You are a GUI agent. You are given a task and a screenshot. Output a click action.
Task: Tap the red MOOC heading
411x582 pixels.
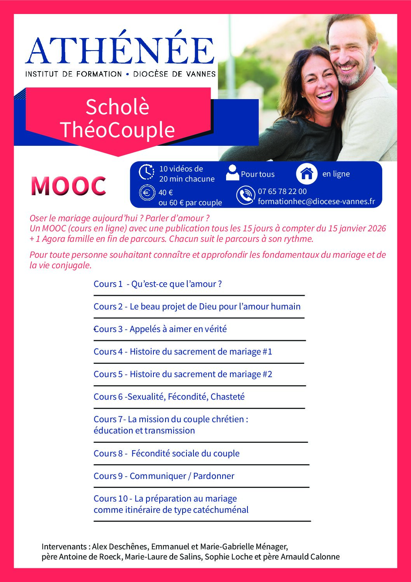coord(68,186)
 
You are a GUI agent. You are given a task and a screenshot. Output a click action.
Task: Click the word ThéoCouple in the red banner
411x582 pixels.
coord(117,129)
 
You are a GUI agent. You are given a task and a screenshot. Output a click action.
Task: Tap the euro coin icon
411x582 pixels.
coord(147,193)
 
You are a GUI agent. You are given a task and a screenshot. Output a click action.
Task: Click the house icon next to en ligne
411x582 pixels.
coord(307,173)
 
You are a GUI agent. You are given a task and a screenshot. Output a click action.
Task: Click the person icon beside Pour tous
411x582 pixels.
coord(232,173)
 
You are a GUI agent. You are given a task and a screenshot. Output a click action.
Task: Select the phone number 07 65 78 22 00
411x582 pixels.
coord(282,191)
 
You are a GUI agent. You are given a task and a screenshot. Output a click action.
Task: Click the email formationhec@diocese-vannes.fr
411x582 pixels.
coord(316,201)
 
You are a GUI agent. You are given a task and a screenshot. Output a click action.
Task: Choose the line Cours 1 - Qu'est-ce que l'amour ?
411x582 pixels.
coord(158,284)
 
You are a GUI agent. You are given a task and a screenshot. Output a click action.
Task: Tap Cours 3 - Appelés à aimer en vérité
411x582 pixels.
coord(160,329)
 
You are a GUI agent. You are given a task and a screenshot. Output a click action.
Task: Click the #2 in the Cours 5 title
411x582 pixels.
coord(267,374)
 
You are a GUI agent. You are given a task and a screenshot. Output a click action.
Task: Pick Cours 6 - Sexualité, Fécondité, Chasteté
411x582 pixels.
coord(169,397)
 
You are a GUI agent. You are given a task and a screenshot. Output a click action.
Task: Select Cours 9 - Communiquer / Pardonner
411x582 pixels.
coord(164,476)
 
